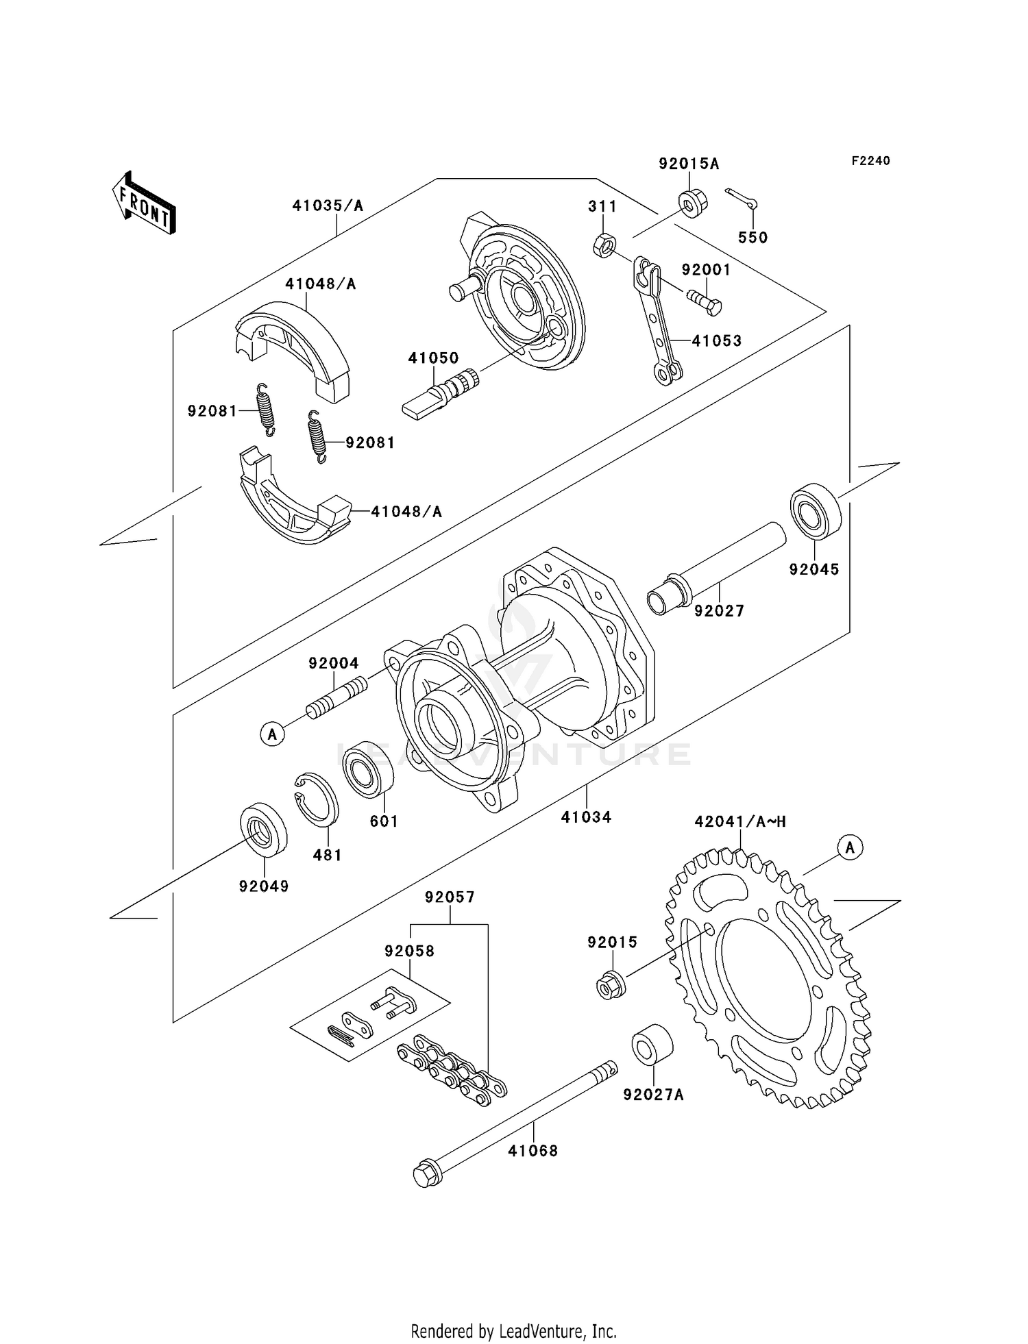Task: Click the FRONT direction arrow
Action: (144, 205)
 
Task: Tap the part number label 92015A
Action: (689, 164)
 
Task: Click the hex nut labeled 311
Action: (604, 245)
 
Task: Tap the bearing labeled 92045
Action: (814, 511)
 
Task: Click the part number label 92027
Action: (719, 610)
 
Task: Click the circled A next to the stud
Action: (272, 734)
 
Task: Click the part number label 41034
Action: (586, 817)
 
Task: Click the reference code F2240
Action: (870, 161)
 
